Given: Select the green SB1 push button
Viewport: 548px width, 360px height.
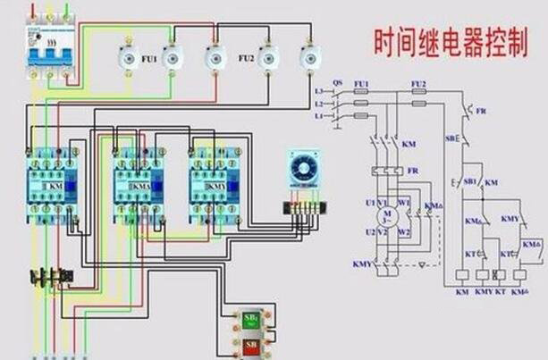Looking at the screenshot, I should [x=251, y=319].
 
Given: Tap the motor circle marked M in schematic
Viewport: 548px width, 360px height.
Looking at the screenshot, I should [x=387, y=216].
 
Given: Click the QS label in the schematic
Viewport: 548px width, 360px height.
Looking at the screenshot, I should [x=337, y=82].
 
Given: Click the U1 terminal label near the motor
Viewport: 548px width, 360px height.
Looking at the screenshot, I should [x=369, y=203].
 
